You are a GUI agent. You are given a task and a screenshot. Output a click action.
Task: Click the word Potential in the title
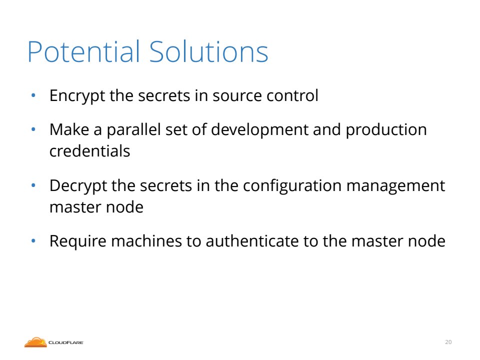tap(83, 51)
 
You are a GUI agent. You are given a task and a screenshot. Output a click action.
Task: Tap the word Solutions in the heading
tap(209, 51)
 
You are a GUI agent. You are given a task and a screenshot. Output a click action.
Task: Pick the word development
tap(259, 130)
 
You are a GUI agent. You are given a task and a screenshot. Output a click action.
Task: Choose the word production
tap(386, 130)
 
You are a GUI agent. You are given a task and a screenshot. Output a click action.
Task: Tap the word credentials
tap(89, 151)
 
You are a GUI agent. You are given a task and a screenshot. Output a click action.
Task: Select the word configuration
tap(292, 186)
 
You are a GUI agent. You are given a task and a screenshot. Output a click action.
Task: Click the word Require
tap(78, 241)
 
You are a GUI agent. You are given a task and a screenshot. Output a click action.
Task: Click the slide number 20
tap(448, 342)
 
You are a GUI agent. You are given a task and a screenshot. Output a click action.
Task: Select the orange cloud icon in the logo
tap(35, 342)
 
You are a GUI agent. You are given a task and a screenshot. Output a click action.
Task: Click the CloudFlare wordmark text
tap(66, 342)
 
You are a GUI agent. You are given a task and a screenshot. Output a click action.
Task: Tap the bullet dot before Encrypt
tap(33, 96)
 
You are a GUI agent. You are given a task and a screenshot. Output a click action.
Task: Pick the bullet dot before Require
tap(33, 241)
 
